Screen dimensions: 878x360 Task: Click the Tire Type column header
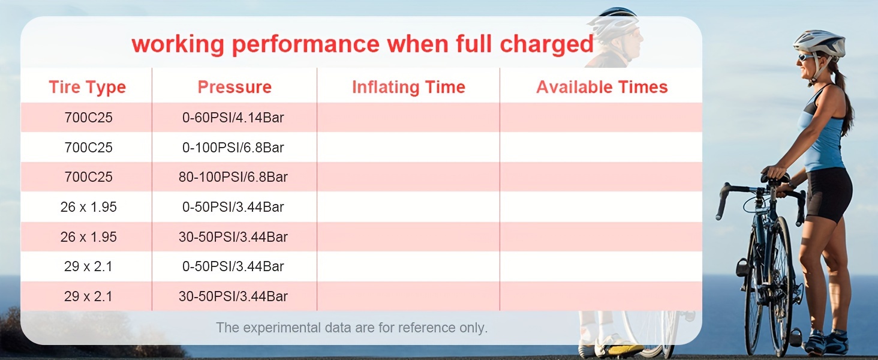coord(88,88)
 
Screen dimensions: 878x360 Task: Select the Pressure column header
coord(234,87)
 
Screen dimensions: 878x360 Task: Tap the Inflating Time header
coord(408,88)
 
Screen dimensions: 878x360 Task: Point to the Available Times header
coord(602,87)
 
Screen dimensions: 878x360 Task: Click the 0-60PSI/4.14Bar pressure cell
coord(233,118)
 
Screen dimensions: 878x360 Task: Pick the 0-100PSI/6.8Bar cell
coord(233,148)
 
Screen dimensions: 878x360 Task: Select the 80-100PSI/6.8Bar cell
coord(233,177)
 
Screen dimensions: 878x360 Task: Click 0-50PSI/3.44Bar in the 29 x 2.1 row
coord(233,266)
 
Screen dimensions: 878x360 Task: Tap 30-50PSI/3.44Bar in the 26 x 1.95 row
coord(233,237)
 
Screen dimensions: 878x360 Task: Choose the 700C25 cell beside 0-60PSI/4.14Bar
coord(89,118)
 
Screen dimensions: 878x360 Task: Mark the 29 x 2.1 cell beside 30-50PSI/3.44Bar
coord(88,296)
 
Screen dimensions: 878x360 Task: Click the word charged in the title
coord(546,44)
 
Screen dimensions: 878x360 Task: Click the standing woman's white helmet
coord(819,44)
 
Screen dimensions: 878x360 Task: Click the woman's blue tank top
coord(823,131)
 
